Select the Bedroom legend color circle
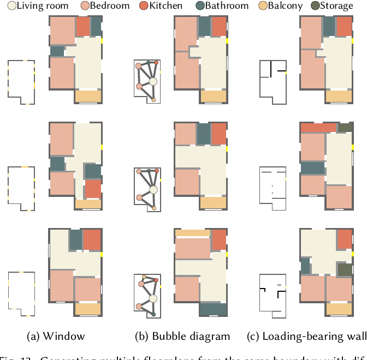(x=85, y=6)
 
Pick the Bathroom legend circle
(x=202, y=6)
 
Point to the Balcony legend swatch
(x=262, y=6)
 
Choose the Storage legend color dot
(x=316, y=6)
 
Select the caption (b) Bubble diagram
(x=182, y=336)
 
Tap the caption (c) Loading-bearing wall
(x=306, y=336)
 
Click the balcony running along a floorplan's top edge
(x=192, y=233)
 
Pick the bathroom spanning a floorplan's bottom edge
(x=213, y=309)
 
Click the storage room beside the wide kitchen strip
(x=345, y=128)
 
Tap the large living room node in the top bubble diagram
(x=153, y=82)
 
